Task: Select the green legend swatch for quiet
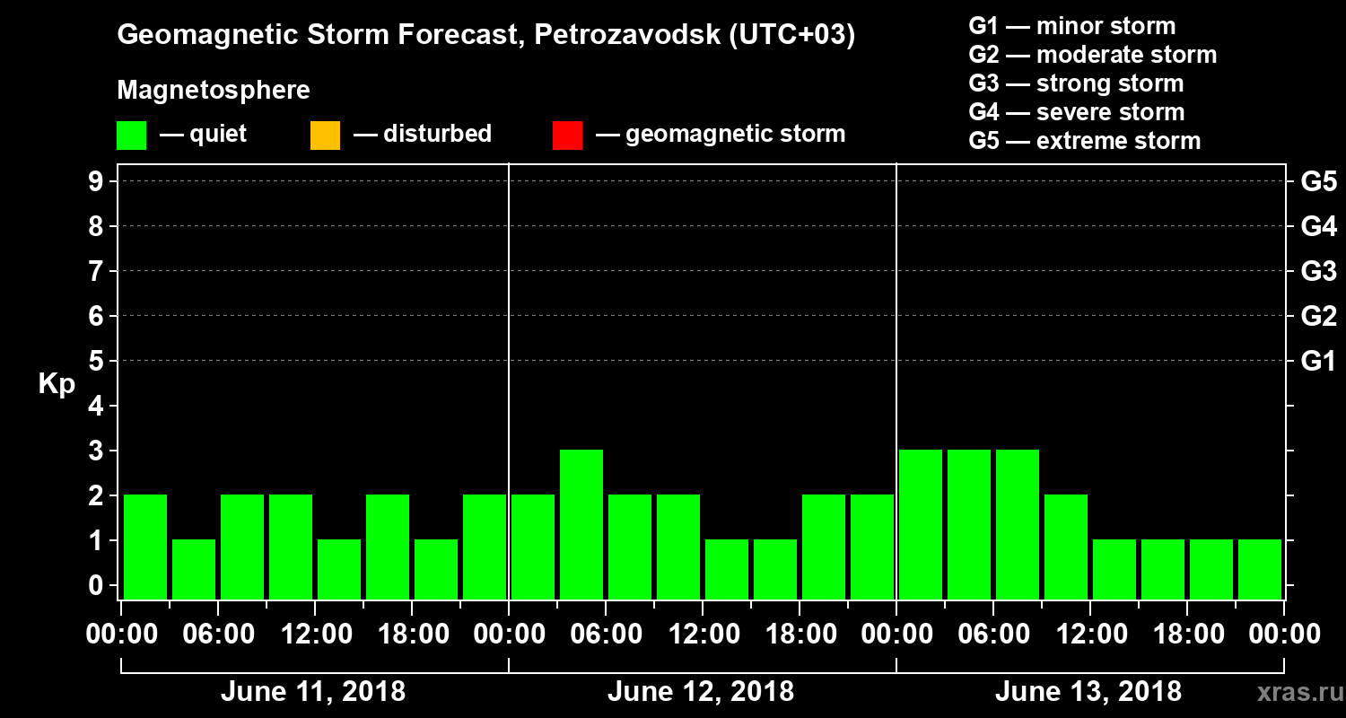click(x=131, y=136)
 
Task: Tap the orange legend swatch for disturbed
click(x=325, y=136)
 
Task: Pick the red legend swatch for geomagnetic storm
click(x=567, y=136)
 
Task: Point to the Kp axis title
click(x=57, y=384)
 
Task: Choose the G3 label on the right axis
click(x=1318, y=271)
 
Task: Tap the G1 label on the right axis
click(x=1318, y=361)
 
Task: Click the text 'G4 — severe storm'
click(x=1077, y=112)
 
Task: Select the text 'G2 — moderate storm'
click(x=1093, y=55)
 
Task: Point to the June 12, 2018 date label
click(x=701, y=692)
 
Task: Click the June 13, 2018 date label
click(x=1088, y=692)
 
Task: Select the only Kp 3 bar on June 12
click(x=581, y=524)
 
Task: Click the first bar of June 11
click(x=145, y=547)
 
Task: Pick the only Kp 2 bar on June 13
click(x=1066, y=547)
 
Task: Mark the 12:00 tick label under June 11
click(x=316, y=634)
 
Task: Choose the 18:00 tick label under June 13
click(x=1187, y=634)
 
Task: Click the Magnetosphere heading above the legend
click(x=214, y=91)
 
